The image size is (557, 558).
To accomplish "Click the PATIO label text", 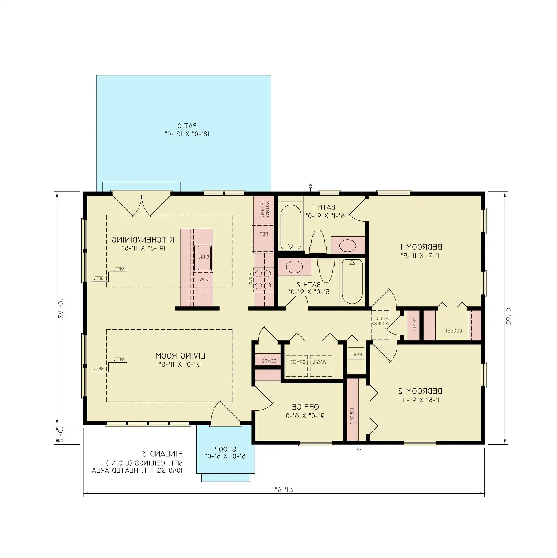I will click(187, 126).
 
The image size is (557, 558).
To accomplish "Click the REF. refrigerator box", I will click(263, 238).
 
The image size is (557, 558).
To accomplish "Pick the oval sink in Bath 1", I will click(347, 246).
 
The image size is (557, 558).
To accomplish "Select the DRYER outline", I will click(296, 366).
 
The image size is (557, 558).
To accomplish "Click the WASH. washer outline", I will click(321, 366).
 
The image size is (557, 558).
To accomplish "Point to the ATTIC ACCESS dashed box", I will click(380, 325).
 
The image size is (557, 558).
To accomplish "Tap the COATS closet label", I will click(269, 361).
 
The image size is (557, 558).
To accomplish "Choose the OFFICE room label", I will click(305, 407).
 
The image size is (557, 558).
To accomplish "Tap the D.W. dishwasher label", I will click(204, 279).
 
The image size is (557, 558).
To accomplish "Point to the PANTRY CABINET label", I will click(264, 209).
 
